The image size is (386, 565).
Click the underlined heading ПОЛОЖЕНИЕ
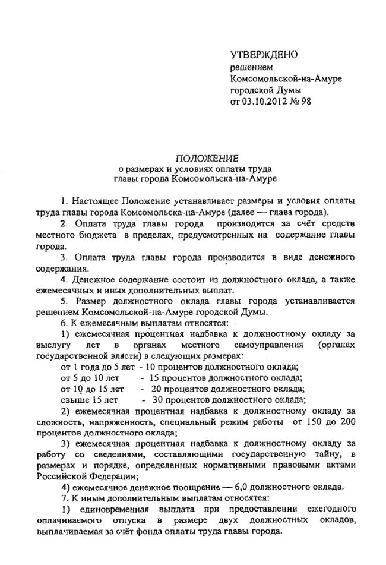coord(206,158)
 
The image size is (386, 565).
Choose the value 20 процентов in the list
coord(176,388)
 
